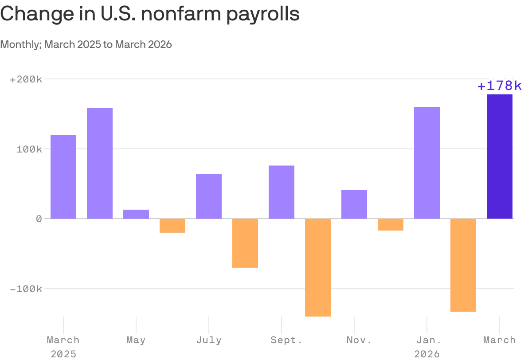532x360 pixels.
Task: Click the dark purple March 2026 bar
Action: click(x=500, y=157)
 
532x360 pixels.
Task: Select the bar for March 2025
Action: click(x=63, y=176)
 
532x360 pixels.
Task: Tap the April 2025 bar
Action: click(x=100, y=163)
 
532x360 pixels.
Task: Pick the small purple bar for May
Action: click(x=136, y=214)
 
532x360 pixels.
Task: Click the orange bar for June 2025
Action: click(x=172, y=226)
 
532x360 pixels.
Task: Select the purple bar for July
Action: click(x=209, y=196)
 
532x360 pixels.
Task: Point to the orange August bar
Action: click(x=245, y=243)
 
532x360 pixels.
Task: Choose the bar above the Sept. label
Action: click(x=282, y=192)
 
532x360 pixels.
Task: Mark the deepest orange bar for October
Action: click(x=318, y=267)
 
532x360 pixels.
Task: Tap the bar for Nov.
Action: click(x=354, y=204)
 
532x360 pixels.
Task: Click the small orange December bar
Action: click(x=391, y=225)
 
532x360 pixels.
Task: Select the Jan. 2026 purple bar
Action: click(x=427, y=163)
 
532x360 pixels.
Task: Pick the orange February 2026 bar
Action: click(x=463, y=265)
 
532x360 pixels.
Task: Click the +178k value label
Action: click(x=500, y=86)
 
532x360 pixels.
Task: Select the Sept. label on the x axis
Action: click(x=282, y=340)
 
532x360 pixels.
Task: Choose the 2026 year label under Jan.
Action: click(x=427, y=354)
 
